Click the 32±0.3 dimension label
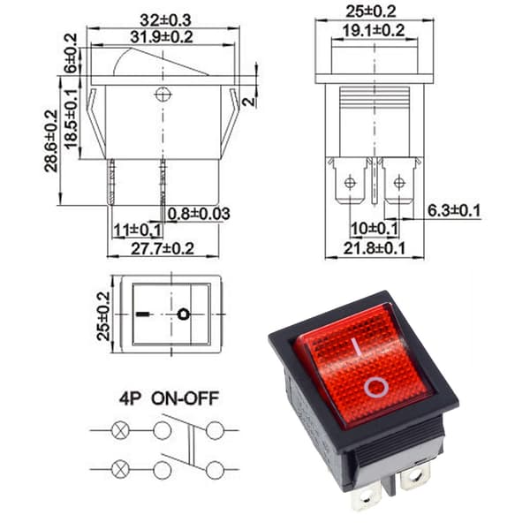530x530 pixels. click(165, 20)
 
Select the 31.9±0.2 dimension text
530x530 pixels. click(162, 37)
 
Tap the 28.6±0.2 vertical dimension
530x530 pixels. click(51, 141)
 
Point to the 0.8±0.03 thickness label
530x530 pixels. click(199, 214)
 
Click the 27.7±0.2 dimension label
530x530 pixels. click(163, 249)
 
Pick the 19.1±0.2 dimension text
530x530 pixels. click(374, 31)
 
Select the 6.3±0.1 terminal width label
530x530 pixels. click(454, 210)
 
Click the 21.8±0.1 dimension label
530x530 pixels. click(375, 248)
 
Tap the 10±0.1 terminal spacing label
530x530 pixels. click(375, 229)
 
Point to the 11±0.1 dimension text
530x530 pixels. click(138, 231)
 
